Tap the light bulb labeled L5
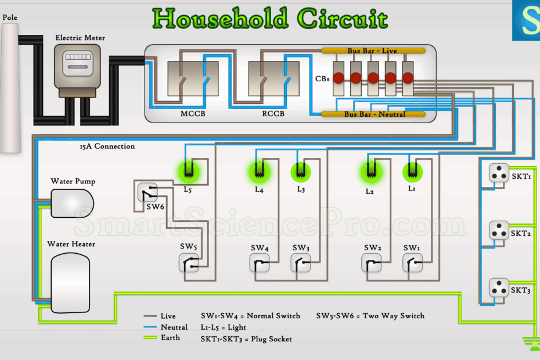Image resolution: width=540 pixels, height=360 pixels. point(188,171)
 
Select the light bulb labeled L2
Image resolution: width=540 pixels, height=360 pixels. point(371,171)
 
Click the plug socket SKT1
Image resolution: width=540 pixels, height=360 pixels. point(498,174)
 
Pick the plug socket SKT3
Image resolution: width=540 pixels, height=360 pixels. point(498,287)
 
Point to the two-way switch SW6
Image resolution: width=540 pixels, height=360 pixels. point(147,192)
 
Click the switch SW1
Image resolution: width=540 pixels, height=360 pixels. point(413,263)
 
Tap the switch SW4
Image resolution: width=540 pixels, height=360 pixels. point(260,263)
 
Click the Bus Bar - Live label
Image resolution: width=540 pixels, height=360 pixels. point(372,51)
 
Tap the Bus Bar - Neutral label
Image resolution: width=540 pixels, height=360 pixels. point(375,114)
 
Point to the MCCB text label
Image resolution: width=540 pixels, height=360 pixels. point(193,114)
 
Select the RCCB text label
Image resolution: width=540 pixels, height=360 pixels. point(273,114)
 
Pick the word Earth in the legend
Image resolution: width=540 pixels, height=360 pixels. point(170,337)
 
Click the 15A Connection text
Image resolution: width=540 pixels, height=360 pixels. point(107,146)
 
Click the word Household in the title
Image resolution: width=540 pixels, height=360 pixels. point(221,19)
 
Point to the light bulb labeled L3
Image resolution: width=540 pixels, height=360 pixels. point(299,171)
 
